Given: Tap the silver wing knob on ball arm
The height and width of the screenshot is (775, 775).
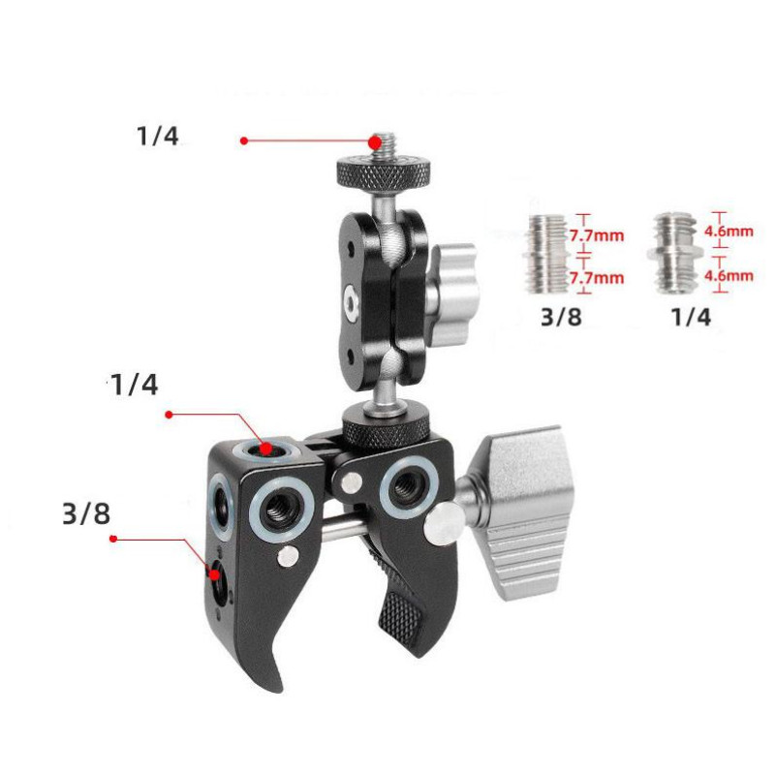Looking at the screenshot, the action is click(x=452, y=294).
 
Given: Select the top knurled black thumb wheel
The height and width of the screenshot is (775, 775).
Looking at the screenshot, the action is click(x=384, y=174).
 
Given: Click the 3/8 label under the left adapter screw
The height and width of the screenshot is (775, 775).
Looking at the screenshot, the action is click(x=561, y=317).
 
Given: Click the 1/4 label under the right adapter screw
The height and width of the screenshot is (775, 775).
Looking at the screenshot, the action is click(x=691, y=317).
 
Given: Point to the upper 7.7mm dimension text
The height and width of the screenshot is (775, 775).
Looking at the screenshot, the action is click(x=597, y=235).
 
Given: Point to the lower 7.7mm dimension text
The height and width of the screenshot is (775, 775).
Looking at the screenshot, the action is click(x=597, y=278).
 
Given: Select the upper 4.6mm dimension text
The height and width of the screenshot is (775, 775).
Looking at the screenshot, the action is click(x=728, y=232).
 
